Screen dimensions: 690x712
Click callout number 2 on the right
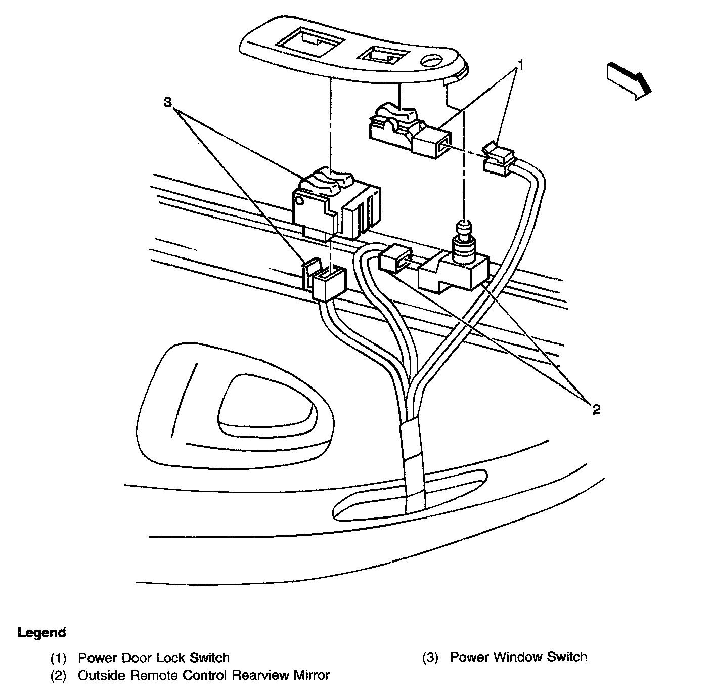[x=596, y=410]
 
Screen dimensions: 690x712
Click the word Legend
[x=42, y=633]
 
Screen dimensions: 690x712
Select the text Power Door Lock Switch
[x=154, y=658]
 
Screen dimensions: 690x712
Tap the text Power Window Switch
[x=518, y=657]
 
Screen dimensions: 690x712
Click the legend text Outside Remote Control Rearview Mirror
[x=204, y=675]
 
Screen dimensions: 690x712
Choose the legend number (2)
[x=58, y=675]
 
